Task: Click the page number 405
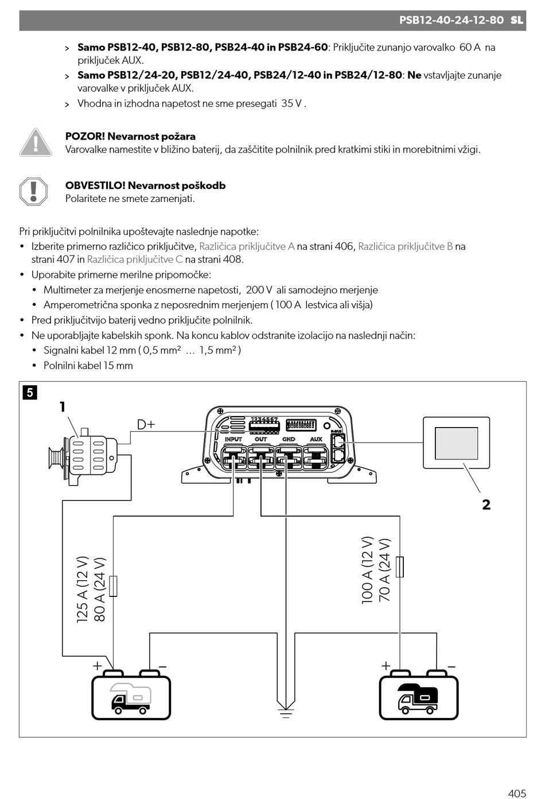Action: [x=517, y=793]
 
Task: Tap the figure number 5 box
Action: [x=30, y=393]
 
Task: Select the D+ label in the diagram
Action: [x=146, y=425]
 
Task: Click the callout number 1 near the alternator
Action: [x=63, y=406]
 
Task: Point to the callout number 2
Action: [x=486, y=505]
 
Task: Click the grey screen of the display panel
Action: [x=456, y=443]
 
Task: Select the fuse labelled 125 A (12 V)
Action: [x=113, y=586]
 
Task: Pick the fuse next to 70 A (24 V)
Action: [x=400, y=567]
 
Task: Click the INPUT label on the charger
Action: [x=233, y=439]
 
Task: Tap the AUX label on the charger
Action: [x=316, y=439]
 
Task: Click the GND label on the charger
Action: [x=289, y=439]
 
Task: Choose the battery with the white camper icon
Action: [x=131, y=695]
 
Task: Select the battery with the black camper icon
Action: [x=418, y=695]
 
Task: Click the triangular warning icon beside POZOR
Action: [x=36, y=142]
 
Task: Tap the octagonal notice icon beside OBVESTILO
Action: [x=33, y=192]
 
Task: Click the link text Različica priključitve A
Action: [x=247, y=246]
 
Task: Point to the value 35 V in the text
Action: [x=292, y=103]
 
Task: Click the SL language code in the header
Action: [x=516, y=20]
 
